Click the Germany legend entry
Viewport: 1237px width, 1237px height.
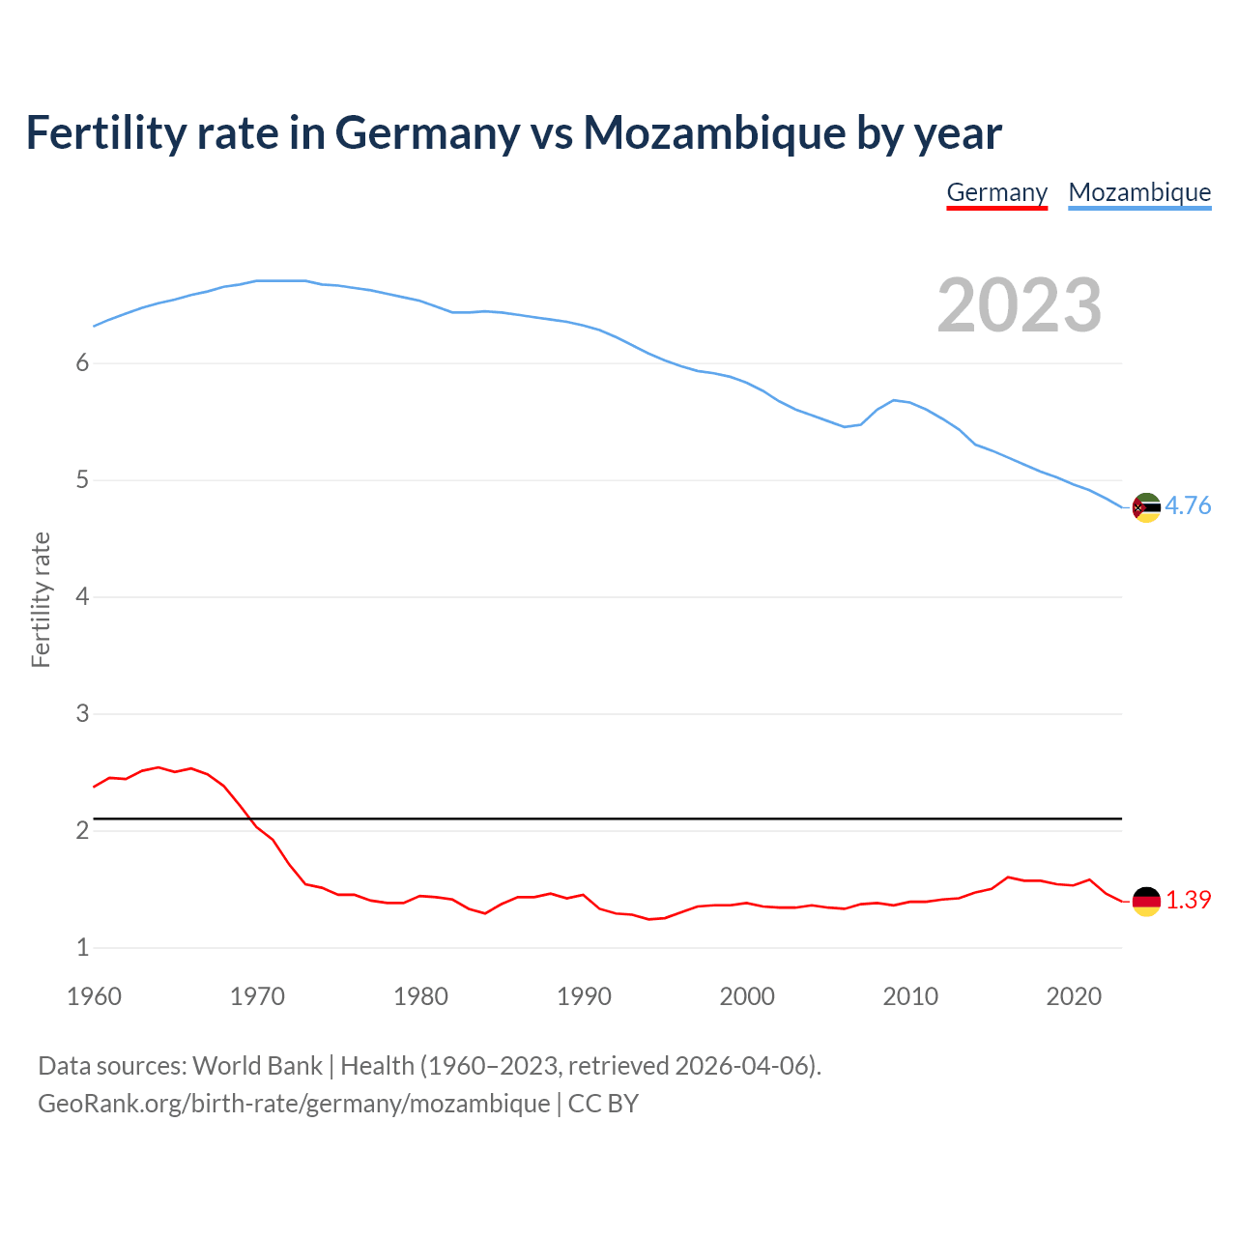coord(996,192)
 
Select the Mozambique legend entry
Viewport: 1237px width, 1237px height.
coord(1139,192)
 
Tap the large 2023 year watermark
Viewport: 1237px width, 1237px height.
coord(1020,305)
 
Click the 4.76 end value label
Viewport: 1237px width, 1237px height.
coord(1188,505)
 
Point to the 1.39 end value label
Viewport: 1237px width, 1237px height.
coord(1188,900)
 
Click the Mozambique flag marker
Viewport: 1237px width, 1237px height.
coord(1146,507)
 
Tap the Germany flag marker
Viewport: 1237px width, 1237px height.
coord(1146,901)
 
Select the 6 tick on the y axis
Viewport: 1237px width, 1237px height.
coord(82,363)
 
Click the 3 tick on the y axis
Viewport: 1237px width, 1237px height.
coord(82,714)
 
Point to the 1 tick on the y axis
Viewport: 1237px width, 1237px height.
coord(82,948)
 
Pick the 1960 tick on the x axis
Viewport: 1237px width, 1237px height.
coord(94,996)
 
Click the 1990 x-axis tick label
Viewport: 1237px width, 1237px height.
coord(584,996)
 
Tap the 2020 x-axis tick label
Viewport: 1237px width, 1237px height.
coord(1074,996)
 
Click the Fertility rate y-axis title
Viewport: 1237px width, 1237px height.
coord(41,599)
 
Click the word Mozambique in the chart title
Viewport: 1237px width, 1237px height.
coord(714,132)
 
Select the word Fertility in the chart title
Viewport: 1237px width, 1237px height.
coord(104,132)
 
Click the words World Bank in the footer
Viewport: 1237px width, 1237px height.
coord(257,1066)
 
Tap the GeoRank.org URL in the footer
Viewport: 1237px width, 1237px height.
coord(294,1104)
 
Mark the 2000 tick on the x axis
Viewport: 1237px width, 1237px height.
coord(747,996)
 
